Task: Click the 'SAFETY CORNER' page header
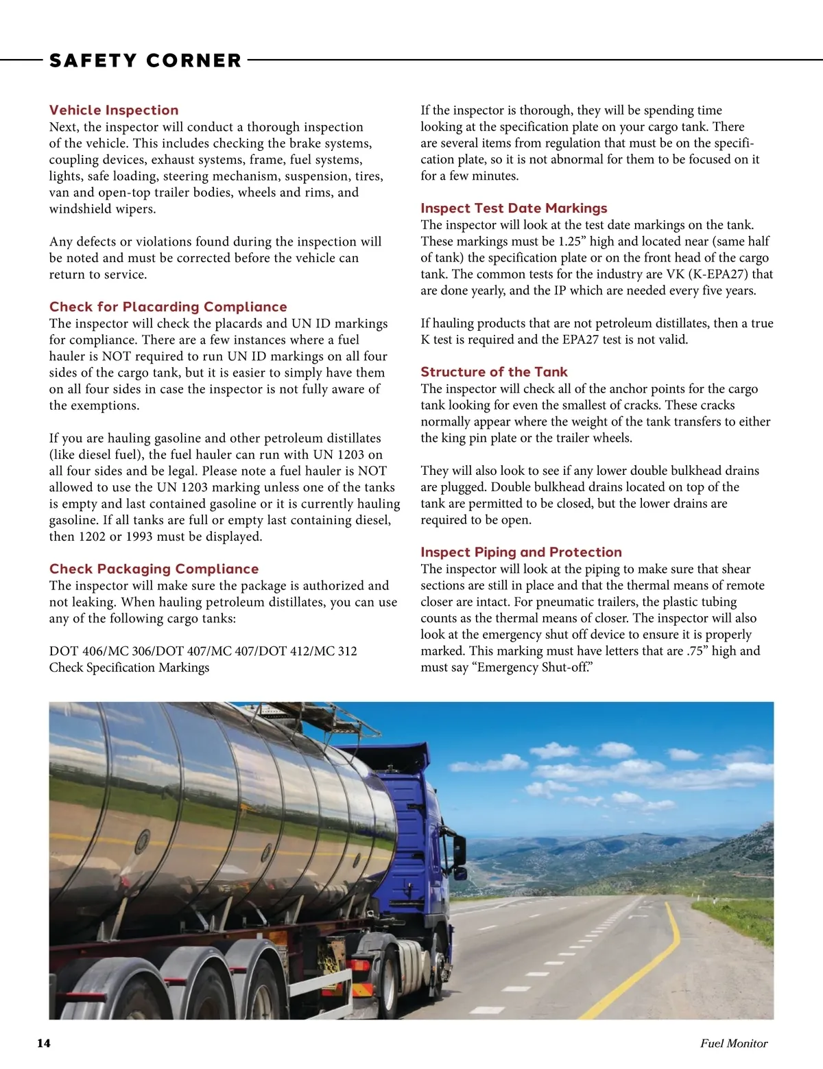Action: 145,60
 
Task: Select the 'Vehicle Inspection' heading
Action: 114,110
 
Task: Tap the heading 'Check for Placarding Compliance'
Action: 168,307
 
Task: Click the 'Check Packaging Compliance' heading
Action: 154,569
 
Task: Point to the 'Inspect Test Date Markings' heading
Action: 514,208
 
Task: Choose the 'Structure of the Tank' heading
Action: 494,372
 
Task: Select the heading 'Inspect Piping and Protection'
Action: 521,552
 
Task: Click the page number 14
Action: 43,1044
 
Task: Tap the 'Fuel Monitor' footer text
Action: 734,1044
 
